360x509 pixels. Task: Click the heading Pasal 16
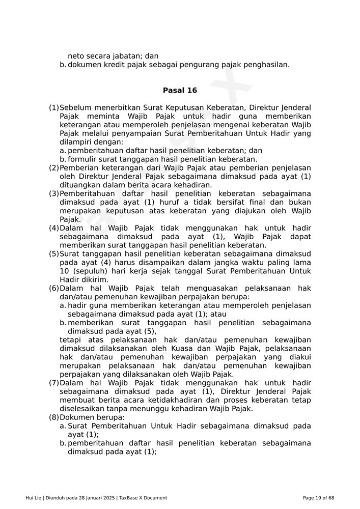coord(180,91)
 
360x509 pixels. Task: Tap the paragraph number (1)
coord(54,108)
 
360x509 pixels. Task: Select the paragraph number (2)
coord(54,168)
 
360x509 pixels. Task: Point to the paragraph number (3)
coord(54,194)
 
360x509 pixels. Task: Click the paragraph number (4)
coord(54,228)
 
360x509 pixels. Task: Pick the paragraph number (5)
coord(54,254)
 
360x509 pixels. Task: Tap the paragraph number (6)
coord(54,289)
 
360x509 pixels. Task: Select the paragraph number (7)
coord(54,383)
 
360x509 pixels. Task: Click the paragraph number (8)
coord(54,417)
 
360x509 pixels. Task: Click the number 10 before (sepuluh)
coord(64,271)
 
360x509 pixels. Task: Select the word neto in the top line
coord(76,56)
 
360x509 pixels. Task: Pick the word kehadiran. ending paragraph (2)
coord(193,185)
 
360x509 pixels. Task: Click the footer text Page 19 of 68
coord(318,498)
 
